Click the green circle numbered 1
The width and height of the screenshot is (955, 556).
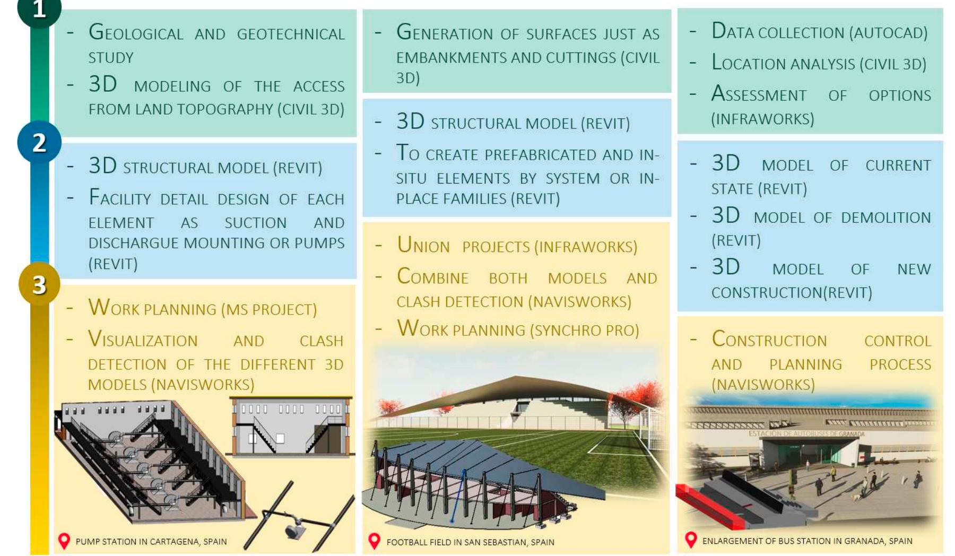pyautogui.click(x=39, y=9)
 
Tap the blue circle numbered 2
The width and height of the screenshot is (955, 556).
pyautogui.click(x=39, y=142)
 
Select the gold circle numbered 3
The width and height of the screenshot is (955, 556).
pyautogui.click(x=39, y=284)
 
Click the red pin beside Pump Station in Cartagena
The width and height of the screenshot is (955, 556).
pyautogui.click(x=64, y=541)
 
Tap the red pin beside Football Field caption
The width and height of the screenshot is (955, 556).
pyautogui.click(x=374, y=541)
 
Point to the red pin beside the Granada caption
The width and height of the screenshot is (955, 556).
pyautogui.click(x=690, y=540)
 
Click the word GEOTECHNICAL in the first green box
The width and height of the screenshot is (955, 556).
pyautogui.click(x=290, y=34)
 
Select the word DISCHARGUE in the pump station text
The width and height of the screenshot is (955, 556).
pyautogui.click(x=134, y=243)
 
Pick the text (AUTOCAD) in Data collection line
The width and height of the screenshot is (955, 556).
pyautogui.click(x=888, y=33)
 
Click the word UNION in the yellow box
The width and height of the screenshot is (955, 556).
pyautogui.click(x=423, y=246)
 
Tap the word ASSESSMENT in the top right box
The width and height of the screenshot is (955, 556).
pyautogui.click(x=759, y=95)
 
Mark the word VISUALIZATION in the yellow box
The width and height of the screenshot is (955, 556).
pyautogui.click(x=143, y=340)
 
